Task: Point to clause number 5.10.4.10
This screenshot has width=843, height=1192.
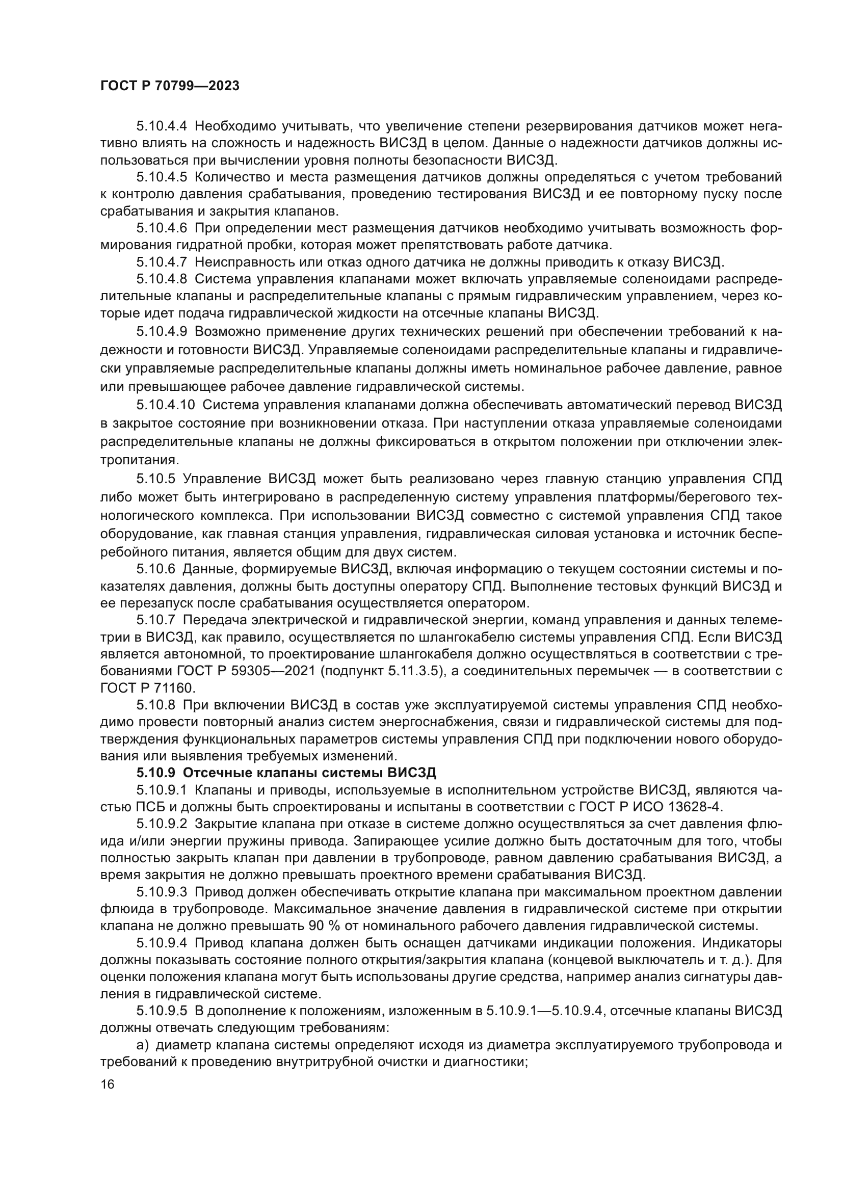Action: click(x=166, y=405)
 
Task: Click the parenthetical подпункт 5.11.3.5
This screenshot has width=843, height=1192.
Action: click(x=382, y=671)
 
